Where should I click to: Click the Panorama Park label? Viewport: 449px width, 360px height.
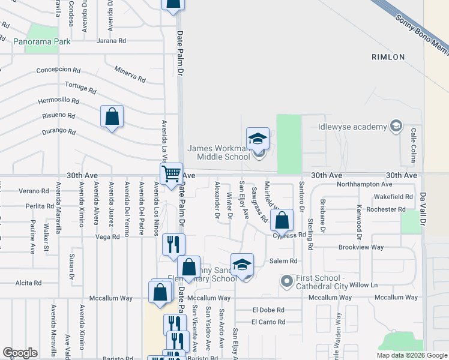pyautogui.click(x=43, y=42)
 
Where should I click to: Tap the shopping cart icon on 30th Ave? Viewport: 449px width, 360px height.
pyautogui.click(x=172, y=174)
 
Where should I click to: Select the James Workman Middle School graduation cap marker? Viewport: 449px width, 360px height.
pyautogui.click(x=258, y=139)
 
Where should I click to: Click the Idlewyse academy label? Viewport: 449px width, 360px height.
pyautogui.click(x=352, y=126)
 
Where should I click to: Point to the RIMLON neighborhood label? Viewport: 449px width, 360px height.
pyautogui.click(x=388, y=57)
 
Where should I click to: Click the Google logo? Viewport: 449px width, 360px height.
pyautogui.click(x=20, y=352)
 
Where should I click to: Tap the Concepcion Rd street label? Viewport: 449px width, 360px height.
pyautogui.click(x=58, y=70)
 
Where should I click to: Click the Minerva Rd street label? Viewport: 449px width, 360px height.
pyautogui.click(x=130, y=74)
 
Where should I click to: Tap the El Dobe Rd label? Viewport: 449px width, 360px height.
pyautogui.click(x=268, y=310)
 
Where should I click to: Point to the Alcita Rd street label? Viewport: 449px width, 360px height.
pyautogui.click(x=29, y=283)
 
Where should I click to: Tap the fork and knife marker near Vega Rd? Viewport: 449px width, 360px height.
pyautogui.click(x=174, y=244)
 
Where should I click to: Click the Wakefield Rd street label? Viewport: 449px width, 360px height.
pyautogui.click(x=393, y=197)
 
